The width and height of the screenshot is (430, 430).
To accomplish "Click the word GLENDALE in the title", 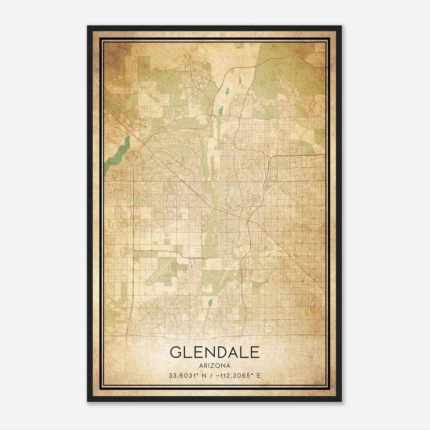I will (215, 352).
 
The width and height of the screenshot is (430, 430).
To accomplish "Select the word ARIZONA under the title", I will (215, 366).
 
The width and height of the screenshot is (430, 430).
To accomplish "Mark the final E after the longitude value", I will (259, 375).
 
